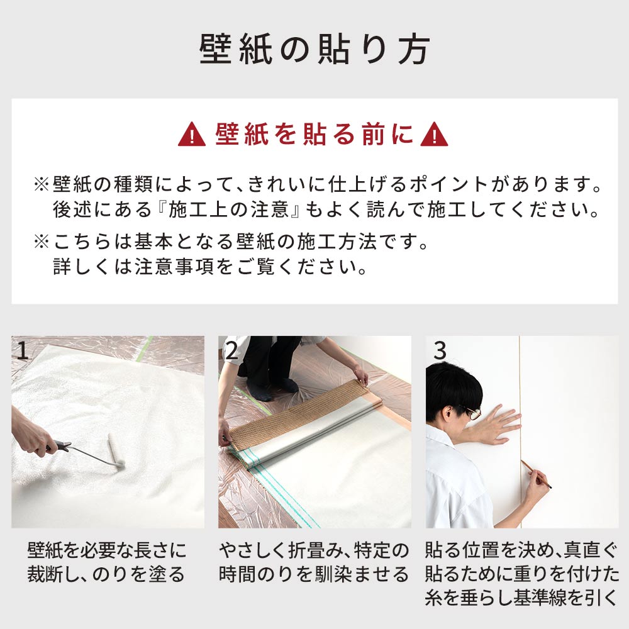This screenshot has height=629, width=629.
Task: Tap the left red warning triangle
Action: pyautogui.click(x=192, y=136)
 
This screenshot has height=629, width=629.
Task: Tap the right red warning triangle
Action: pyautogui.click(x=434, y=136)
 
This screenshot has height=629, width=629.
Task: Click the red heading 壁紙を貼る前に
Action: pyautogui.click(x=314, y=135)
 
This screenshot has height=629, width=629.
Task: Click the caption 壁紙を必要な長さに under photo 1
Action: pyautogui.click(x=107, y=552)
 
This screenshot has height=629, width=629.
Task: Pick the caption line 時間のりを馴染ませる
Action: pyautogui.click(x=314, y=574)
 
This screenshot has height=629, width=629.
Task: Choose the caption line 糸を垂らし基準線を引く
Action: pyautogui.click(x=521, y=597)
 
